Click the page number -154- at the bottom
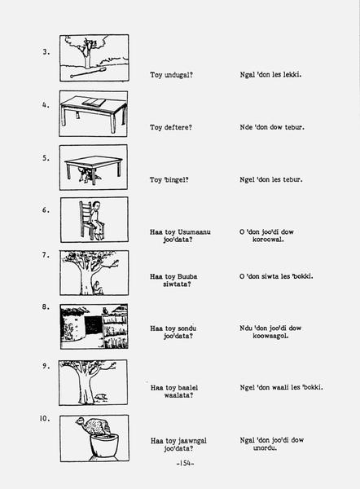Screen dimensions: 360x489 coord(185,463)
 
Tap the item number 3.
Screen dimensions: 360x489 coord(46,52)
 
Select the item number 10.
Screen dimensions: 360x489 coord(45,418)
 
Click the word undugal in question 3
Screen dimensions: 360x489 coord(178,75)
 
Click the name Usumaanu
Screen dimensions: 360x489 coord(194,232)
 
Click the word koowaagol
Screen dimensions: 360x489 coord(270,336)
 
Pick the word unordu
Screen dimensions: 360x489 coord(265,447)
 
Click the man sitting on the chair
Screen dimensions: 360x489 coord(97,220)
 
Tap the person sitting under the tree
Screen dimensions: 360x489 coord(98,288)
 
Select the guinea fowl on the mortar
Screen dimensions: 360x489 coord(93,426)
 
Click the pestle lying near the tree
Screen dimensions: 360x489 coord(89,73)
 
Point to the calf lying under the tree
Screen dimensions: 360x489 coord(101,397)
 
